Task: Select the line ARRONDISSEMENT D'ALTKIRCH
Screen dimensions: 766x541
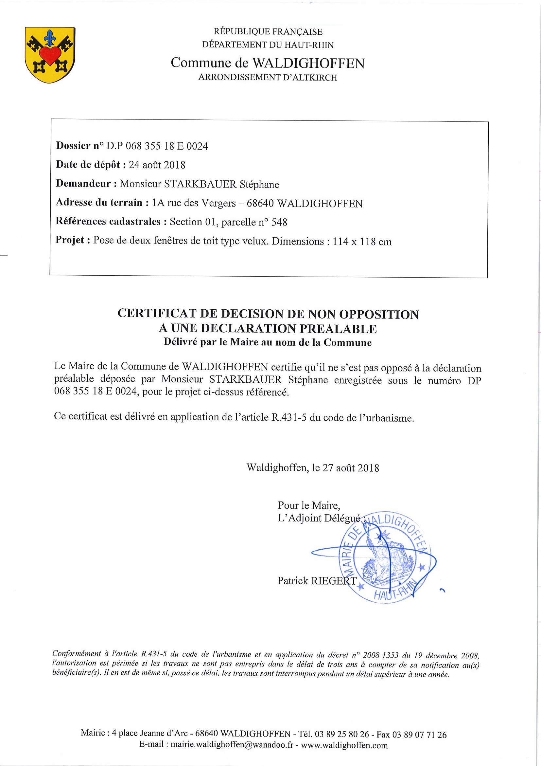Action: (x=268, y=77)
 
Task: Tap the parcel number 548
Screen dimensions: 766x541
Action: (x=279, y=222)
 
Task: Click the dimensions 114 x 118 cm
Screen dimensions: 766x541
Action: (x=362, y=242)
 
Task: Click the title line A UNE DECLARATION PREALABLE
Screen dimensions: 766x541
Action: (x=268, y=329)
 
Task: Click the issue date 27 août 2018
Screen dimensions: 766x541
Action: (x=350, y=468)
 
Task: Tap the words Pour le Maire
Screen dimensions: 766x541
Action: (x=309, y=505)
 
